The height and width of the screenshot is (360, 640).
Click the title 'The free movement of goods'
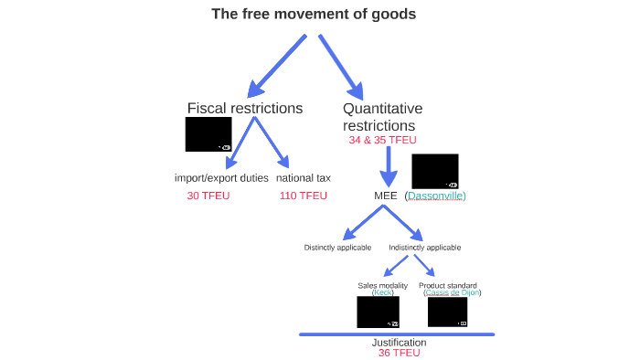[x=313, y=14]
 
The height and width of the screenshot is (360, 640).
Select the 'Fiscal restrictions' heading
[x=245, y=108]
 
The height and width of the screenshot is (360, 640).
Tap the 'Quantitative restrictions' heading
[x=382, y=117]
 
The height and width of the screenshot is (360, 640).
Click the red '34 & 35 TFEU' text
[x=382, y=141]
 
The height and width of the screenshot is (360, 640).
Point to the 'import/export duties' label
[x=221, y=177]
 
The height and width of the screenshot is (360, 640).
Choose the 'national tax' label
[x=304, y=177]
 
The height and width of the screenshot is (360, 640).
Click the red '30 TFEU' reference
[x=208, y=196]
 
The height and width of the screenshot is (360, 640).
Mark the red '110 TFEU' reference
[x=304, y=196]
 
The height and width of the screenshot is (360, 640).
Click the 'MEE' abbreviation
[x=385, y=196]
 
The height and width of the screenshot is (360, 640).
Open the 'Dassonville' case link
[x=435, y=196]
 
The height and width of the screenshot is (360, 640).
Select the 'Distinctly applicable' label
[x=337, y=248]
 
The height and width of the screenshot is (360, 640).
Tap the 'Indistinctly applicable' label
[x=424, y=248]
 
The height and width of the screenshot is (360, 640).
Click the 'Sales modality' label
[x=382, y=285]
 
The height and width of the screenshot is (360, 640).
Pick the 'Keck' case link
[x=382, y=292]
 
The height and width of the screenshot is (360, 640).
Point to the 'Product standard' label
[x=448, y=285]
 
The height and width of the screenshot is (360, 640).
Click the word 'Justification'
[x=399, y=343]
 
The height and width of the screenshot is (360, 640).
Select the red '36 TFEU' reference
[x=399, y=353]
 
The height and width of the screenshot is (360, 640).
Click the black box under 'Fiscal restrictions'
[x=208, y=134]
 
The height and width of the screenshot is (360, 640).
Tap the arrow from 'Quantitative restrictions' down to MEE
[x=389, y=164]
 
